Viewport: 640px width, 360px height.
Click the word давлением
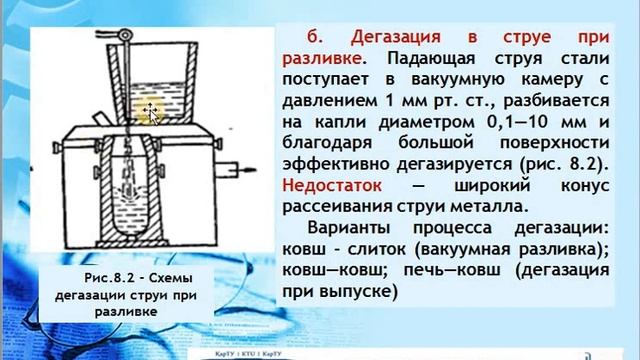pos(320,100)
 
